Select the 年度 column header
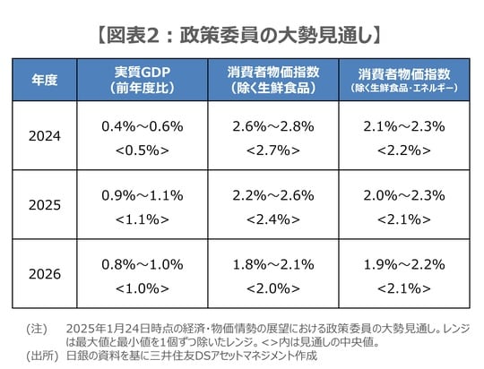(45, 79)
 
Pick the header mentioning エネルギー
(403, 79)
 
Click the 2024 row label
(45, 138)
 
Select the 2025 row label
(45, 205)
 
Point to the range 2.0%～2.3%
(403, 193)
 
